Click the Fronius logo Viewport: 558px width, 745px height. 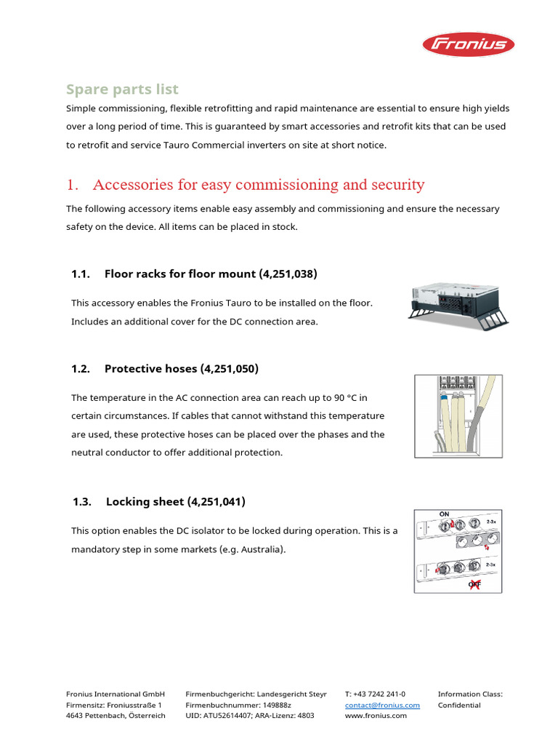coord(469,45)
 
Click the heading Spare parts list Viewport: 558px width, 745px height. coord(122,89)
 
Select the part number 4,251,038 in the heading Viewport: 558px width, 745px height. coord(288,274)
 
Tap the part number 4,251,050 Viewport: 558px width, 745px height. coord(229,369)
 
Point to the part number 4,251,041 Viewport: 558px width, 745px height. coord(216,502)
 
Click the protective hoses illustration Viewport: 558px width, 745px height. coord(458,415)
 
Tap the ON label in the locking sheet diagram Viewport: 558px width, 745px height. coord(444,514)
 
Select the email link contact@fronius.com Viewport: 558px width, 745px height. coord(382,705)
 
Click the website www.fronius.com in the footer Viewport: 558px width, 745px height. coord(376,716)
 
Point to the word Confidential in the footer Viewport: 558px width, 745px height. coord(459,705)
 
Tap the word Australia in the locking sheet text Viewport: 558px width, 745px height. coord(259,549)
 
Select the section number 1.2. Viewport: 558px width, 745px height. coord(81,369)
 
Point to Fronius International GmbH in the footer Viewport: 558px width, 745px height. coord(116,694)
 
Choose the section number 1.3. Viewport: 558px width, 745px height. coord(82,502)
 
